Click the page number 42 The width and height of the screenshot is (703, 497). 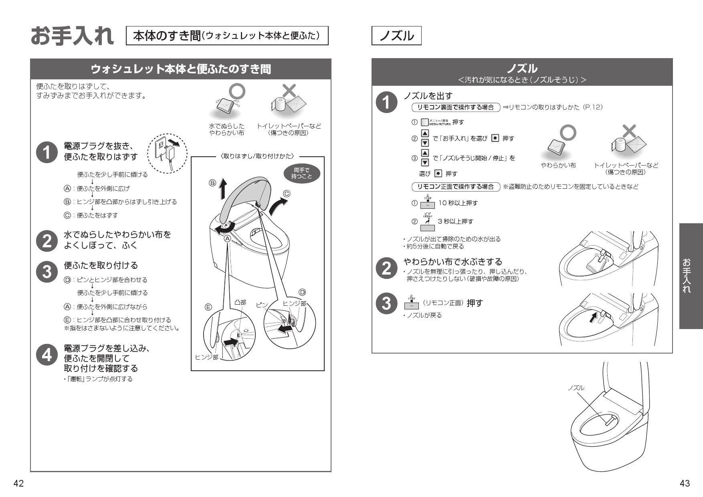(18, 484)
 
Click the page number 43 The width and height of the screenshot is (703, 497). (685, 484)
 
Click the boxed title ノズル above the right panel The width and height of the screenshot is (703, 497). (396, 36)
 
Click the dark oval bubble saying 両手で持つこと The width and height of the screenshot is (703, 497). (301, 174)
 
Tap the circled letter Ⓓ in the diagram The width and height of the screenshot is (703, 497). (302, 292)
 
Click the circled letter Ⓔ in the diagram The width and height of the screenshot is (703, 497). (208, 307)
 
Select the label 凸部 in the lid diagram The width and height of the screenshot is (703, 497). (240, 303)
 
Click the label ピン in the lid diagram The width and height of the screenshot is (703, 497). (261, 305)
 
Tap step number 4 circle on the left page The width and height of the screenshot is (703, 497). (47, 355)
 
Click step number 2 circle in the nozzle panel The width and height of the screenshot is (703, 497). (386, 268)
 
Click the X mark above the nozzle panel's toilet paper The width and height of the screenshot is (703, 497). (630, 131)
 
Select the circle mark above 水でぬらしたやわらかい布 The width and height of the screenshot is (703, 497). (237, 92)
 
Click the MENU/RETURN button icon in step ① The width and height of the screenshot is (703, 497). (425, 122)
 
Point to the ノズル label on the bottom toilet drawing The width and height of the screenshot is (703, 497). (576, 388)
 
